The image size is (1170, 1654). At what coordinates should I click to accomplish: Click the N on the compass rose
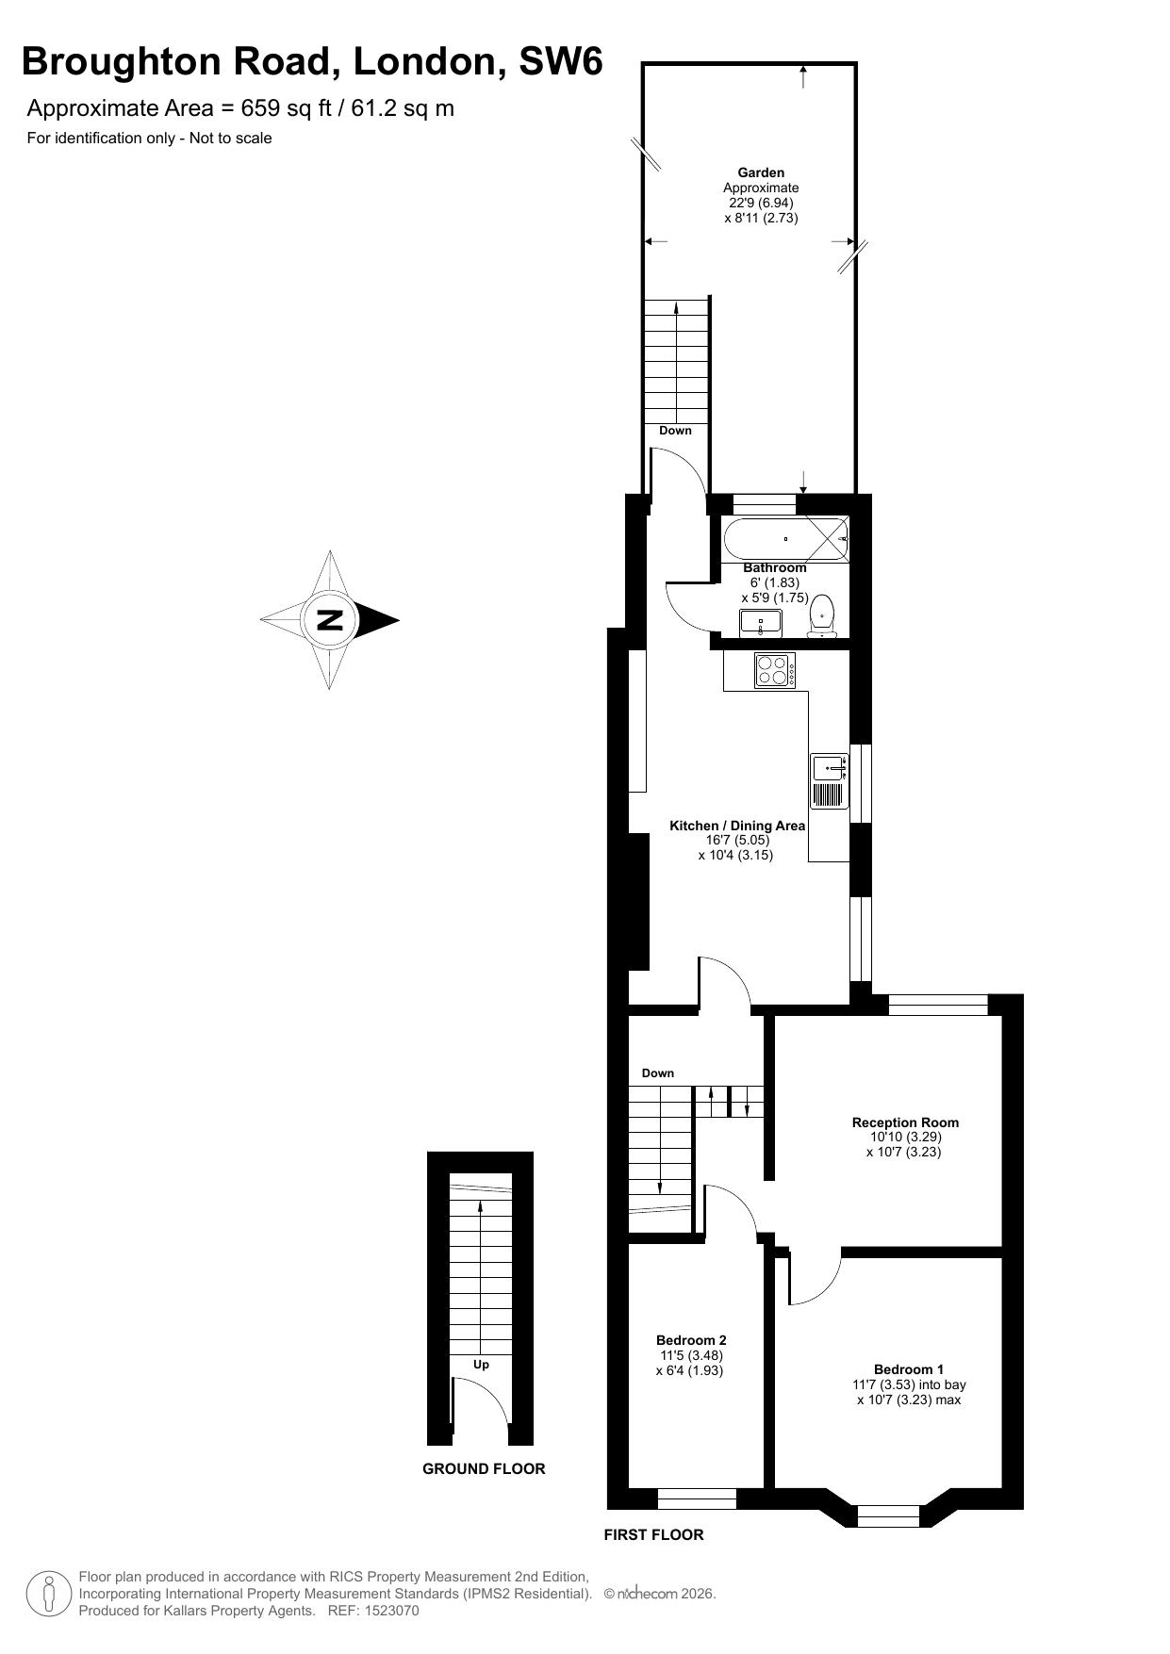[x=330, y=620]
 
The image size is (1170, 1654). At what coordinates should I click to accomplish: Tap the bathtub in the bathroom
[x=786, y=539]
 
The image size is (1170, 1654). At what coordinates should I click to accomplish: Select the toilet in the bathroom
[x=822, y=615]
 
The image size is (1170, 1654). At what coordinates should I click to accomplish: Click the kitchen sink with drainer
[x=830, y=781]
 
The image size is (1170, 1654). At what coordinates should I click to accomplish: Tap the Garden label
[x=761, y=172]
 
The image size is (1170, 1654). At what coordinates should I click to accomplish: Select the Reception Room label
[x=905, y=1122]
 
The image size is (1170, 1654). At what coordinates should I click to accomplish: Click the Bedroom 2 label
[x=691, y=1340]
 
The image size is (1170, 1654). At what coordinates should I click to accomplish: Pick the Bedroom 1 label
[x=909, y=1369]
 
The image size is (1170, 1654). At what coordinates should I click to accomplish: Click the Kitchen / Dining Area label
[x=737, y=826]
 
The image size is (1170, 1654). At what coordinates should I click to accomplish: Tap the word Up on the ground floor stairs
[x=481, y=1365]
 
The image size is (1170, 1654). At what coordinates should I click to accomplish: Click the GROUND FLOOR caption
[x=484, y=1468]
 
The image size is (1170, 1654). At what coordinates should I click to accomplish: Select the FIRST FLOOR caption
[x=653, y=1535]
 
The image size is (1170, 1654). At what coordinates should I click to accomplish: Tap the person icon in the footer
[x=48, y=1594]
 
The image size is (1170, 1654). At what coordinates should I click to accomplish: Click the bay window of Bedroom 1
[x=888, y=1516]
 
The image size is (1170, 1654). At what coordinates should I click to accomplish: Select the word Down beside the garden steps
[x=675, y=431]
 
